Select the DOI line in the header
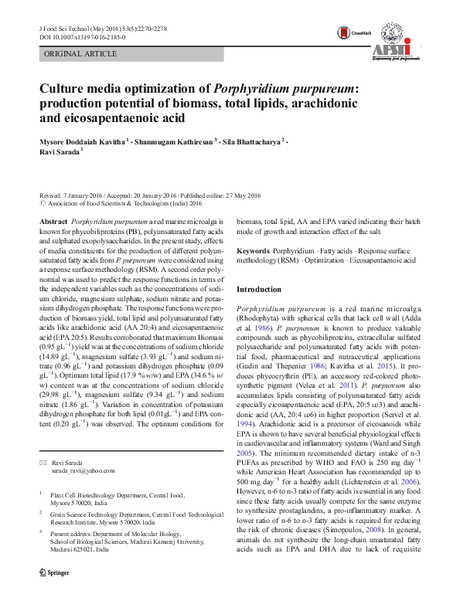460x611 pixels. [85, 36]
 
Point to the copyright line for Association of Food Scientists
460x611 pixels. [112, 204]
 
